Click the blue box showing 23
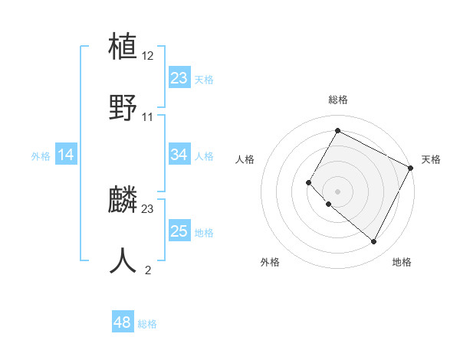point(179,77)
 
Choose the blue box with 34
point(179,155)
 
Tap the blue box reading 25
point(179,231)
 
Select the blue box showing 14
point(66,155)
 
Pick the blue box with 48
point(122,322)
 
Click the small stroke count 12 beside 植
point(149,56)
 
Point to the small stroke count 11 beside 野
point(148,116)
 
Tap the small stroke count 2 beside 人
point(148,270)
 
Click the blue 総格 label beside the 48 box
point(147,324)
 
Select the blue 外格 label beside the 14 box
point(41,156)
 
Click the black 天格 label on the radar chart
point(431,159)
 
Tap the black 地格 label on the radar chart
point(402,262)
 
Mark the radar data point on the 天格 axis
point(411,167)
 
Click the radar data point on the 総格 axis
point(337,130)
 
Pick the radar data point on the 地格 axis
point(374,242)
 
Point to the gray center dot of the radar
point(337,191)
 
